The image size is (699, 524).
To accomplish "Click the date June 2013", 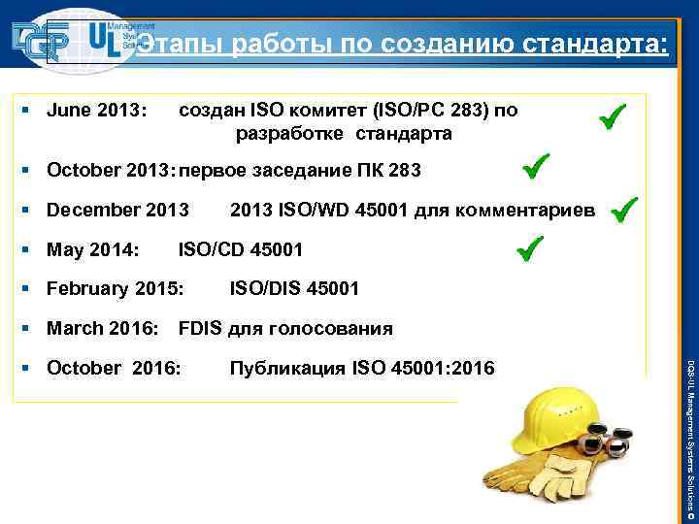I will click(96, 112).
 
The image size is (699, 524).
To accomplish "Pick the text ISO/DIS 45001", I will click(294, 288).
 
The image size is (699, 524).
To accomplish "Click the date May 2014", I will click(92, 249).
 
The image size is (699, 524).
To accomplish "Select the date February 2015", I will click(115, 288).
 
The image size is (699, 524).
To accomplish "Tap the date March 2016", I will click(103, 328).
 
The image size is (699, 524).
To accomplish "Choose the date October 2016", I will click(113, 368).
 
